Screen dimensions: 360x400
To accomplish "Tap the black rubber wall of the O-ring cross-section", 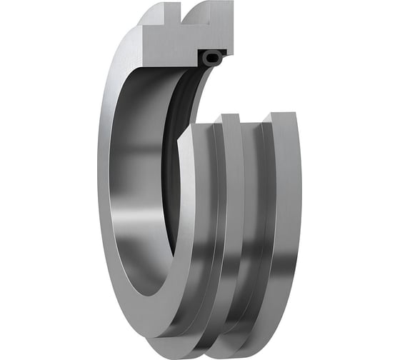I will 204,59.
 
